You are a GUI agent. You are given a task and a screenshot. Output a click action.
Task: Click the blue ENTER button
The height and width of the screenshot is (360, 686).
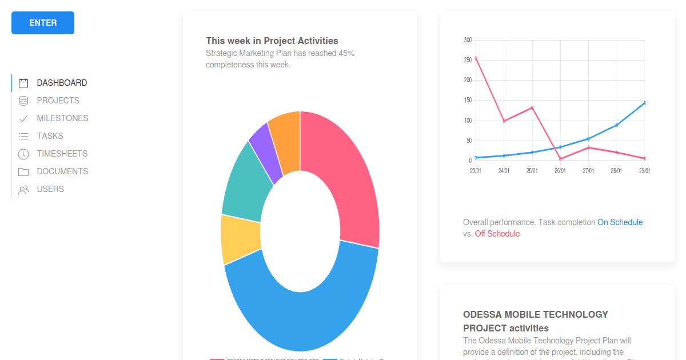(43, 23)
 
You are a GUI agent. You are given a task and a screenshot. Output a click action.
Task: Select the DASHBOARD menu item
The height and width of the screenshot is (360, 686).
(62, 83)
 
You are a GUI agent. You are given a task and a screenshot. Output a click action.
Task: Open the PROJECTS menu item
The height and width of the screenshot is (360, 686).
(58, 101)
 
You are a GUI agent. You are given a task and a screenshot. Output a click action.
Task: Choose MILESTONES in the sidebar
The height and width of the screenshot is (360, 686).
(62, 118)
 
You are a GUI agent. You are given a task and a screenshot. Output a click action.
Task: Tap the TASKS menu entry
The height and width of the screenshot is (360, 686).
(50, 136)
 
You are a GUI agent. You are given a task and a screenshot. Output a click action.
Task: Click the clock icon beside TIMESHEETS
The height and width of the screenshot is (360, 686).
(23, 154)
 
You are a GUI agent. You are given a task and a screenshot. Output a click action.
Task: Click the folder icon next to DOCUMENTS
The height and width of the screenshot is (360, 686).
(23, 172)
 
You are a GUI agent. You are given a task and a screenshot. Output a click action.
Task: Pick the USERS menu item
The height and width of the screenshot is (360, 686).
(50, 189)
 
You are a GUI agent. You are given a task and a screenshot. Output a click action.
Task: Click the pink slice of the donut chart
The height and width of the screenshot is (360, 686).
(343, 171)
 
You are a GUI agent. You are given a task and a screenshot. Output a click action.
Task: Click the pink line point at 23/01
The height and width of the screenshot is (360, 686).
(476, 58)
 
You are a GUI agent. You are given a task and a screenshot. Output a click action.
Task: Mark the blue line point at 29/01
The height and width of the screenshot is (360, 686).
(645, 103)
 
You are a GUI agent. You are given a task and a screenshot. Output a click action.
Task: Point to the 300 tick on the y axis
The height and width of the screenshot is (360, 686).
(468, 40)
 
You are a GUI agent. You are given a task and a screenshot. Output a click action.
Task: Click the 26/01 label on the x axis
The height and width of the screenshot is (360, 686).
(560, 171)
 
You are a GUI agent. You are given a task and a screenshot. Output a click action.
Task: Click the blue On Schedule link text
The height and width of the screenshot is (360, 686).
(620, 222)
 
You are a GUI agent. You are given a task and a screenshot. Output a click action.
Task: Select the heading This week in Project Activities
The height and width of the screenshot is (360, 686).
(272, 41)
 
